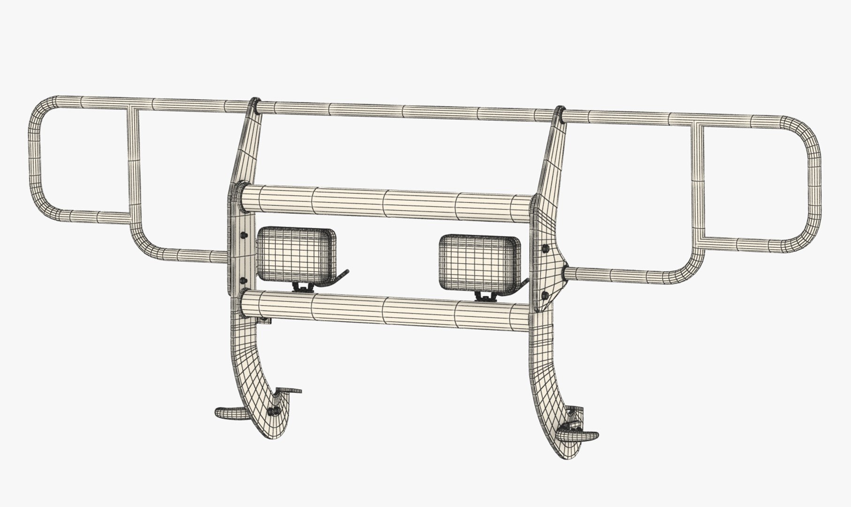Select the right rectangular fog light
479,262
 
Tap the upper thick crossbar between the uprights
385,200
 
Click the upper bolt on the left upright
243,235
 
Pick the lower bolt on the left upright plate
243,280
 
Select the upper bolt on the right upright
545,248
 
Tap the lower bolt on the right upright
545,295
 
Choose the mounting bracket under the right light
486,296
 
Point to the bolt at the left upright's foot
272,411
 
